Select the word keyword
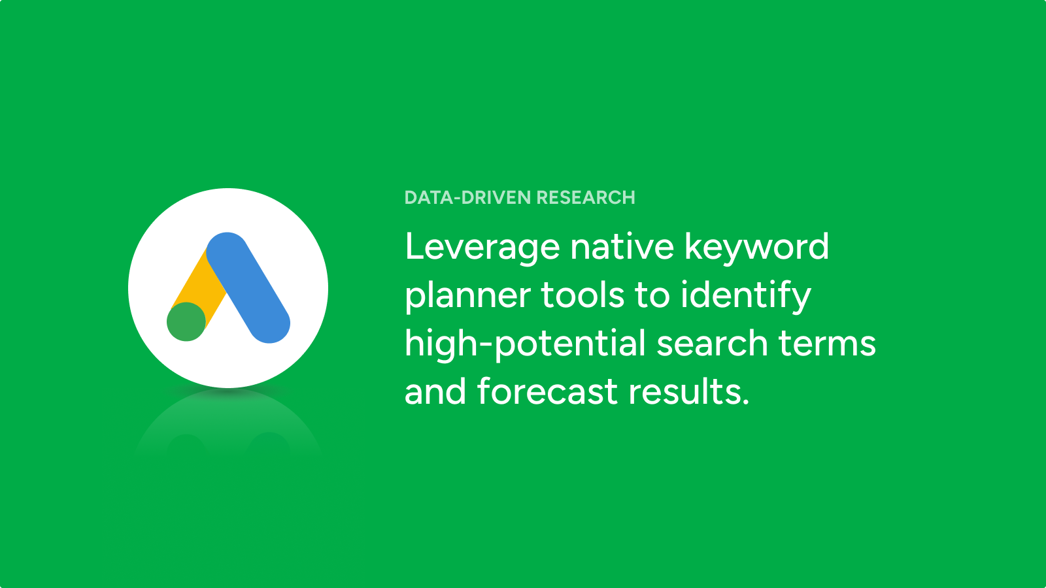[756, 248]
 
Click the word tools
[582, 294]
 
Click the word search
[712, 343]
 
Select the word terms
[827, 344]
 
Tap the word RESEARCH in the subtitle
[586, 197]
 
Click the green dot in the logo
[186, 321]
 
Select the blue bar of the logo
[248, 287]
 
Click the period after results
[745, 401]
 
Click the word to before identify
[652, 295]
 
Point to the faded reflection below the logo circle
[228, 422]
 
